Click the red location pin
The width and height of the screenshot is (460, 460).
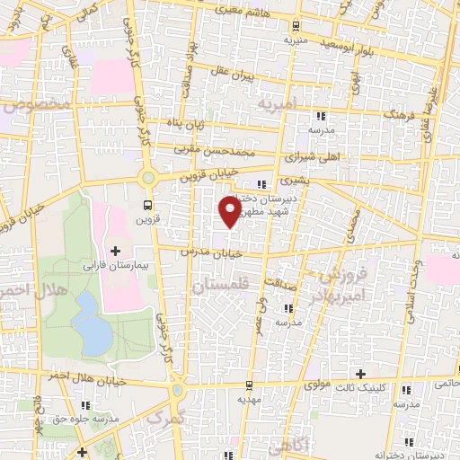[x=230, y=211]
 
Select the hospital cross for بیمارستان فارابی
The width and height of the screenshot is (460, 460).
[x=114, y=249]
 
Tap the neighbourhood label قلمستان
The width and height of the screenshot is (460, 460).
[x=219, y=286]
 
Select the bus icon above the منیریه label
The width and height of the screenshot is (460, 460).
[x=296, y=27]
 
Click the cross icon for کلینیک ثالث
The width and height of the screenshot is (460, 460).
[x=360, y=374]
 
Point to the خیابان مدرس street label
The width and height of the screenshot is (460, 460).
[x=212, y=253]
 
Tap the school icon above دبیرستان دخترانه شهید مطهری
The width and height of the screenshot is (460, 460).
[x=261, y=185]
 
